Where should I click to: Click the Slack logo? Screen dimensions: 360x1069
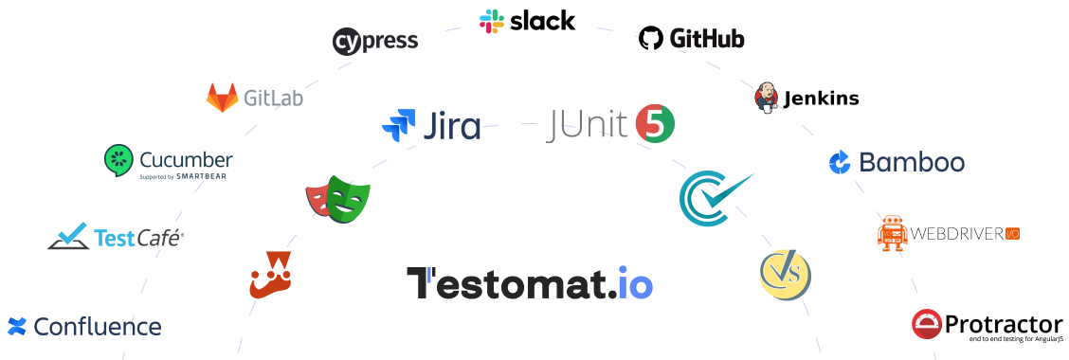528,22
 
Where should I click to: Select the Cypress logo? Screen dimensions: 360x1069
375,42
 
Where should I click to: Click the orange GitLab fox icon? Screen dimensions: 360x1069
222,97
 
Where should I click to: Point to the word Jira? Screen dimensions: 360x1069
450,126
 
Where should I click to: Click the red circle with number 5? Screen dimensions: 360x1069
655,124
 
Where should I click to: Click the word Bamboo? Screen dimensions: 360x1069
911,162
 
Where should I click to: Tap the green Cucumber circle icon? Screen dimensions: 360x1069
119,158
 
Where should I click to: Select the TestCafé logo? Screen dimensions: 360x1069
116,236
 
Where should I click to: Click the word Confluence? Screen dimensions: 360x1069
97,327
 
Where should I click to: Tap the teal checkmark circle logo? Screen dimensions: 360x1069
711,196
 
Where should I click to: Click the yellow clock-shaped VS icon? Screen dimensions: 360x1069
785,275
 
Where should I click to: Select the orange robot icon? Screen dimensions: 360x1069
893,232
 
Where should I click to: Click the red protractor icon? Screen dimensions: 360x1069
927,324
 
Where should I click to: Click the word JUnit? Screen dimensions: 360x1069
589,125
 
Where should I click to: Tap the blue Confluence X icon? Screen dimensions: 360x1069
16,327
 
